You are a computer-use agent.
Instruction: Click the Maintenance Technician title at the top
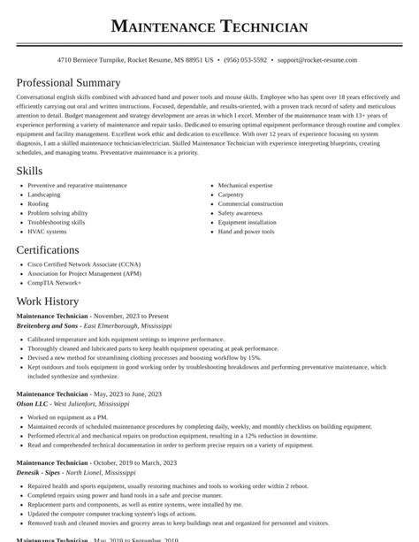click(x=209, y=27)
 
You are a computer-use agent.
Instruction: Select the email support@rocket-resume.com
click(x=316, y=60)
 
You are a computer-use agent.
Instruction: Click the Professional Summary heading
click(x=68, y=83)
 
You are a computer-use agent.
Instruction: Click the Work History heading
click(x=47, y=302)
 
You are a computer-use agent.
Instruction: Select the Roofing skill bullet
click(x=38, y=204)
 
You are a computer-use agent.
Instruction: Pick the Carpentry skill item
click(x=231, y=195)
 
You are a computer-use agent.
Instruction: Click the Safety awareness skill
click(x=240, y=213)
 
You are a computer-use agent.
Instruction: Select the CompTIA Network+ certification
click(x=54, y=283)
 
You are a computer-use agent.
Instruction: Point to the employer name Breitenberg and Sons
click(x=48, y=325)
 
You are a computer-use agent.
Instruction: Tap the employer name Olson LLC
click(x=33, y=403)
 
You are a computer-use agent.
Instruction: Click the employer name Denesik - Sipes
click(x=39, y=473)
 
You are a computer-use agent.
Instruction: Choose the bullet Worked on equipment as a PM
click(x=67, y=416)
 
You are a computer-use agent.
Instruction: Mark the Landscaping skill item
click(x=44, y=195)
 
